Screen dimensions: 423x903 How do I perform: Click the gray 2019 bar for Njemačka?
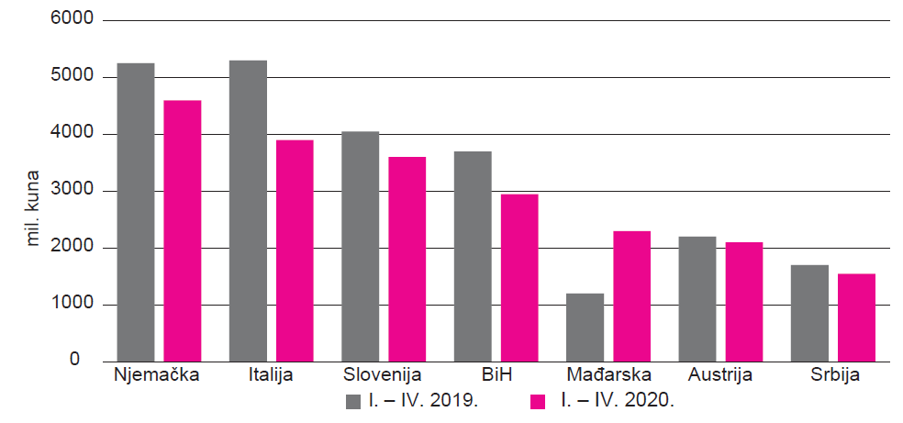click(136, 212)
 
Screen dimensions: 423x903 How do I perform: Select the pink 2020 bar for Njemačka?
click(183, 230)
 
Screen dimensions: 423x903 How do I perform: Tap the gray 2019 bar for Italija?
click(248, 210)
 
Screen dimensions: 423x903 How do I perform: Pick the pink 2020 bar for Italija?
click(295, 250)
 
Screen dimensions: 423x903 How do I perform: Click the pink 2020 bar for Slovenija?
click(407, 259)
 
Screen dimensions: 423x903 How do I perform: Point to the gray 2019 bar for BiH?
click(473, 256)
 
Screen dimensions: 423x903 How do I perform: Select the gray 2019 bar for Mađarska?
click(585, 327)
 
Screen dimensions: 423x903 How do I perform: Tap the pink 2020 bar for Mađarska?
click(632, 295)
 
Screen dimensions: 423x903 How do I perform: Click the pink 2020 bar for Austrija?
click(744, 301)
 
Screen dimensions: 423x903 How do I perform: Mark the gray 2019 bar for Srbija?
click(809, 313)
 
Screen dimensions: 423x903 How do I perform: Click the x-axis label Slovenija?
click(382, 375)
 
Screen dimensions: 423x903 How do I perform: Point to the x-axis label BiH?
click(496, 375)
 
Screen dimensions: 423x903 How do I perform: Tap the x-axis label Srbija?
click(834, 375)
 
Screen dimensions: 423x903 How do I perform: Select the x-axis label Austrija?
click(721, 375)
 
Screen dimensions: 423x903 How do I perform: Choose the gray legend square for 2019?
click(354, 401)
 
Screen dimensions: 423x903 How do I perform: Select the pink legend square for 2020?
click(539, 401)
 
